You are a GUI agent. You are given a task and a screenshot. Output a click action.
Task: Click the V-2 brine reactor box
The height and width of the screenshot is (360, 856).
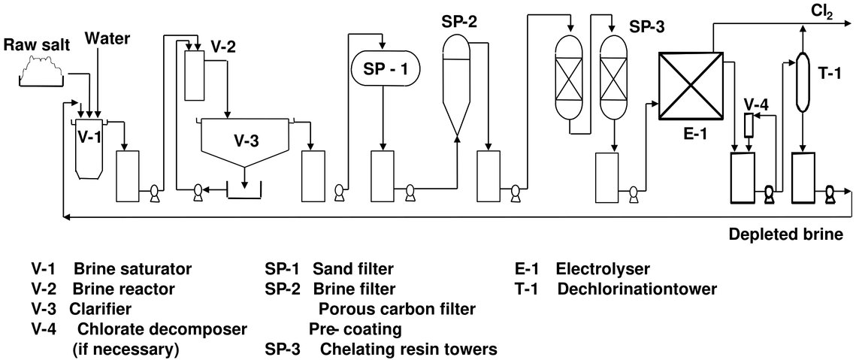coord(195,74)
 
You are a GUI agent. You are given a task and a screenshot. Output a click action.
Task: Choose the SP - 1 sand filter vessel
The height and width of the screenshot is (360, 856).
coord(386,69)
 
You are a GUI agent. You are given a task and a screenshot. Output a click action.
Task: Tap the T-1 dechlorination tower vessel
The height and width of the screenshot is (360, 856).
coord(803,75)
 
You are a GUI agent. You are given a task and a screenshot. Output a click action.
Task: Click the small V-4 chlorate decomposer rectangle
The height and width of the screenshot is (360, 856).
coord(748,125)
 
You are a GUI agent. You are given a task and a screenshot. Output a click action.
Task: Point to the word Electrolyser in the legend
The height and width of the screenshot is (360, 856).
coord(603,269)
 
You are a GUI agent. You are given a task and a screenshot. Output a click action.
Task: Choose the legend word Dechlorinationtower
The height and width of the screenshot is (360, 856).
coord(638,289)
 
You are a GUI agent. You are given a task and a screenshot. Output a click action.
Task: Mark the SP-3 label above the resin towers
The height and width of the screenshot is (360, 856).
coord(647,27)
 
